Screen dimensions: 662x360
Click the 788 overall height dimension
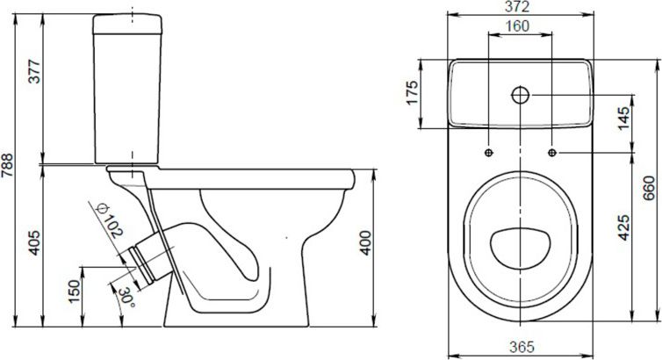pos(7,171)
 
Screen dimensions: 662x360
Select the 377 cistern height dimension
pos(34,72)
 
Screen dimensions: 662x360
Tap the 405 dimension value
pos(34,242)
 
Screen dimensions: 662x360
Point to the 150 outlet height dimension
pos(74,292)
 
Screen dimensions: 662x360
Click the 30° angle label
pos(126,298)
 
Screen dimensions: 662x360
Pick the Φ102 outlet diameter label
pos(109,220)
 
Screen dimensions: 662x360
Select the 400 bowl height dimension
pos(365,242)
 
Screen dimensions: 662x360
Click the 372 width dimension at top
pos(519,6)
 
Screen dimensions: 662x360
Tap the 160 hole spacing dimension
pos(518,26)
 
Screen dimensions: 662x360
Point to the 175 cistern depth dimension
pos(412,92)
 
